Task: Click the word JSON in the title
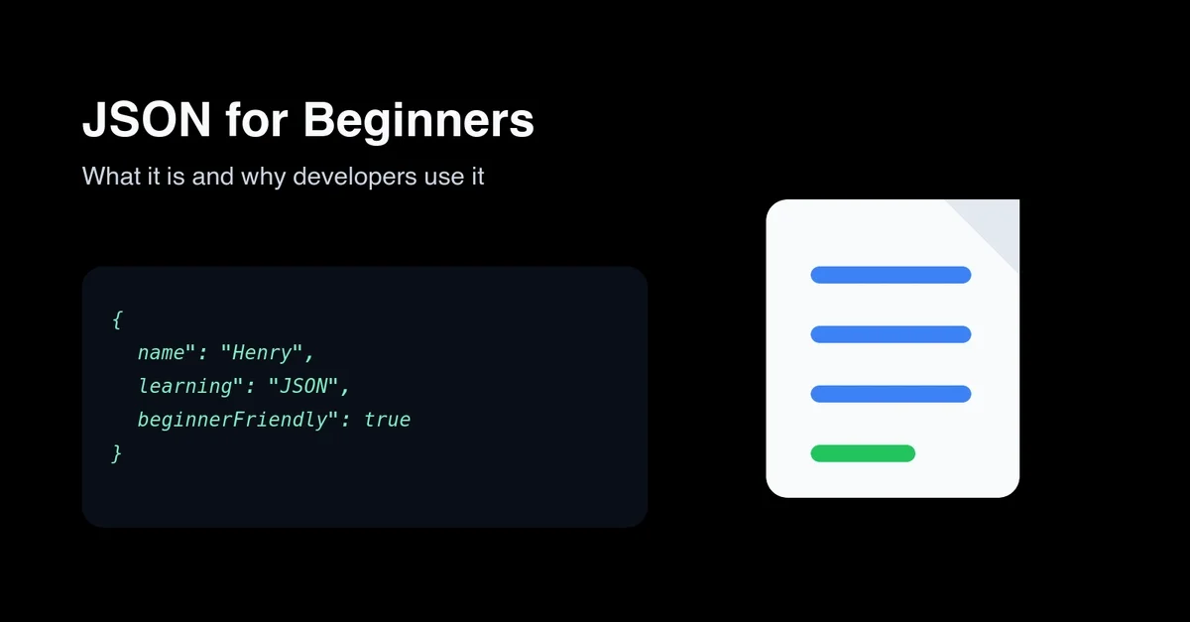[x=147, y=121]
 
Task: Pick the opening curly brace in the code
[x=117, y=319]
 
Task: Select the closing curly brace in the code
[x=117, y=453]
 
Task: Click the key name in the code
[x=161, y=352]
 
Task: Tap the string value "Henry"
[x=267, y=352]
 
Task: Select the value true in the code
[x=387, y=420]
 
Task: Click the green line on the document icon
[x=863, y=453]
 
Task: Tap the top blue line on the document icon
[x=891, y=275]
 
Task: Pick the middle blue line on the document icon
[x=891, y=334]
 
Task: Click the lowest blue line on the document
[x=891, y=394]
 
